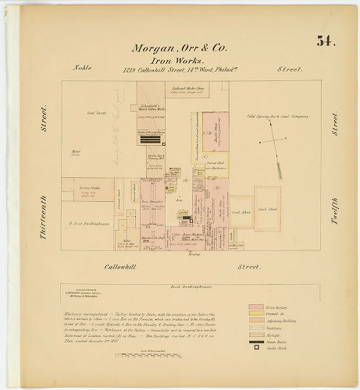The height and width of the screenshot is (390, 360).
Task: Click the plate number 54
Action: pyautogui.click(x=325, y=41)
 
